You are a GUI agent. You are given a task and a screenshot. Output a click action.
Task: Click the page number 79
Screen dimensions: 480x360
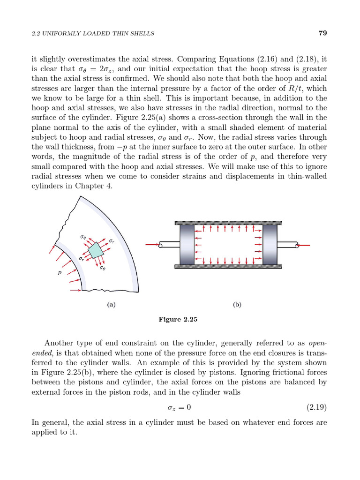(x=322, y=33)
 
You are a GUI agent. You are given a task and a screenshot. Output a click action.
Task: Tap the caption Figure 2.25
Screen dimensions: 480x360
(x=179, y=320)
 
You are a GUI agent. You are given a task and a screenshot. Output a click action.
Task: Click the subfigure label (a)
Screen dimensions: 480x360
(x=111, y=304)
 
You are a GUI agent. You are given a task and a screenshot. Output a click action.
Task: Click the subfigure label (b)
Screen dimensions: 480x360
(x=237, y=304)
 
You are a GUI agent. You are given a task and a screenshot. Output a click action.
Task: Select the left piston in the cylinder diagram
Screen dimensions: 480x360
(x=187, y=244)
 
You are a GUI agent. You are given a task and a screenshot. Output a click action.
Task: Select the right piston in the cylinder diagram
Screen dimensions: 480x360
(x=270, y=244)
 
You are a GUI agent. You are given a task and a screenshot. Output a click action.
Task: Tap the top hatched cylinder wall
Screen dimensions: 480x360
(x=228, y=223)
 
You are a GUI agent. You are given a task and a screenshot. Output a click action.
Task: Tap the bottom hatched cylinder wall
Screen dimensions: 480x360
(x=228, y=266)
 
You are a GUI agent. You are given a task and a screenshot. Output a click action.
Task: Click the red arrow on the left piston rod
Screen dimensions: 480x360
(x=152, y=244)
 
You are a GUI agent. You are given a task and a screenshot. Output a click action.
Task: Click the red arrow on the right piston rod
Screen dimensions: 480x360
(x=304, y=244)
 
